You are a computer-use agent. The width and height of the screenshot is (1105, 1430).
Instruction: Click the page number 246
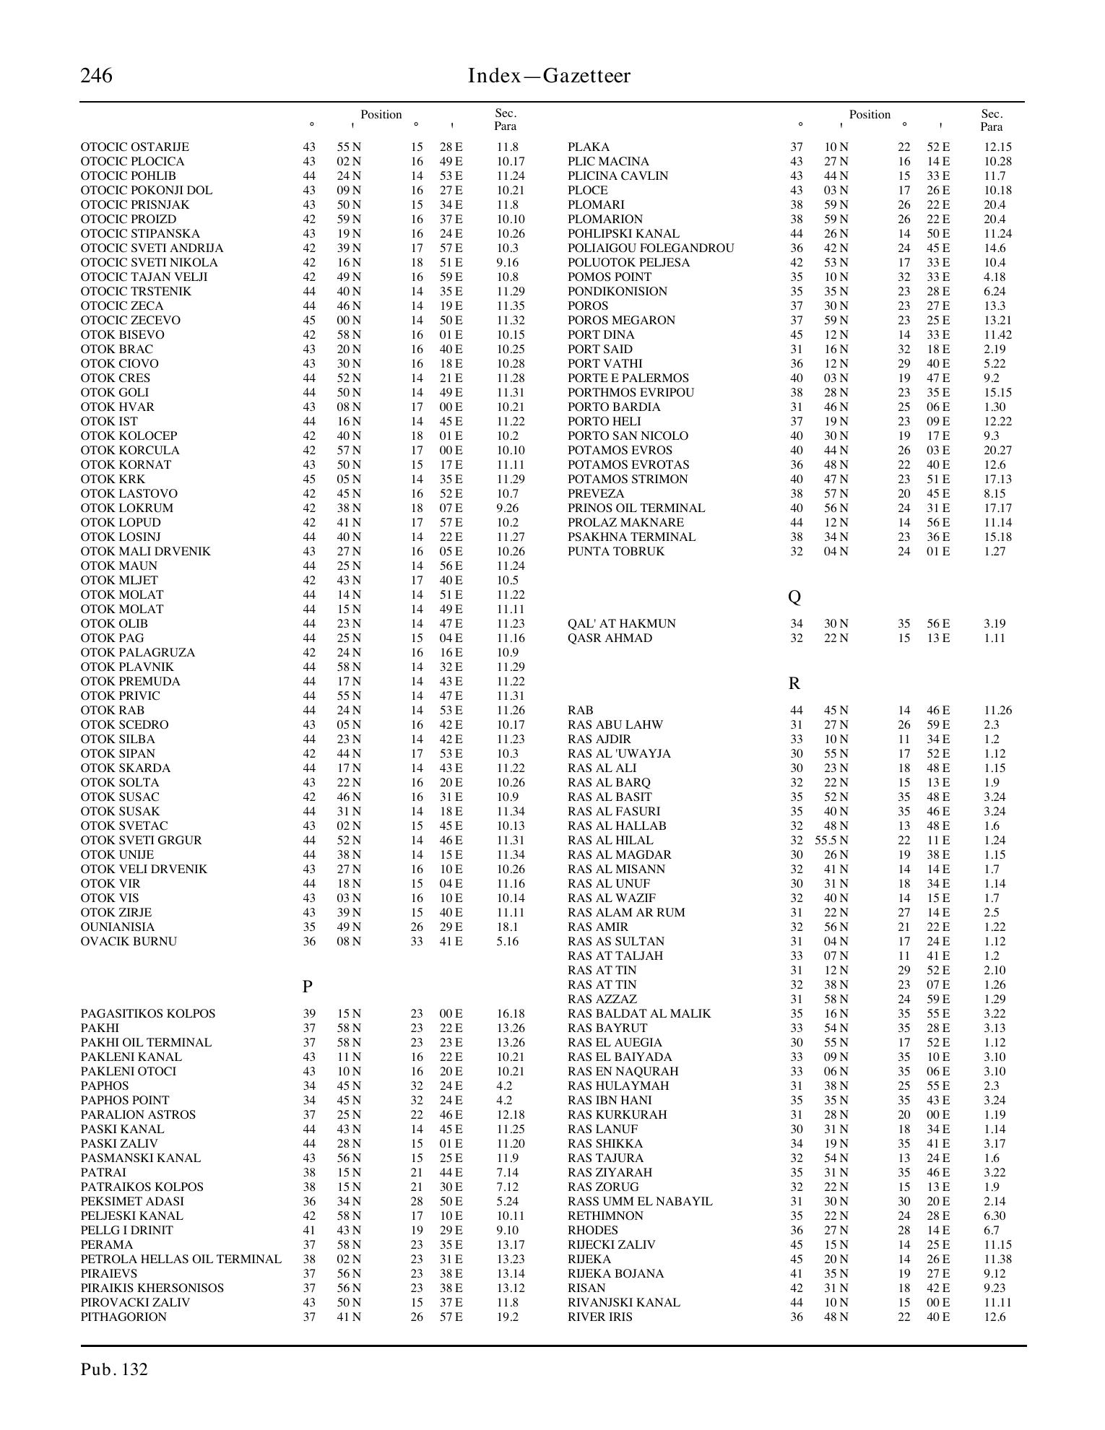[96, 76]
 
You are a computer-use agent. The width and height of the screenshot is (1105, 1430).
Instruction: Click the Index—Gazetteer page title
[549, 76]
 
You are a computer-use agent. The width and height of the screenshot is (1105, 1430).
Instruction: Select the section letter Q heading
[794, 597]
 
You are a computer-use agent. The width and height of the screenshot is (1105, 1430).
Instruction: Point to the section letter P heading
[308, 987]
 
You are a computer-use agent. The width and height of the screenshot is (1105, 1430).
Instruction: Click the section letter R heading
[794, 683]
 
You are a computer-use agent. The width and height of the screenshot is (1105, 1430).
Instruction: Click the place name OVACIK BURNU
[129, 941]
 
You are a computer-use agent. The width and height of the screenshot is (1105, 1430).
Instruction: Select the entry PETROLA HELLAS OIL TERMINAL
[181, 1259]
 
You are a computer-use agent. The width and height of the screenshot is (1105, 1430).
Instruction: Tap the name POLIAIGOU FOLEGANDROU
[651, 248]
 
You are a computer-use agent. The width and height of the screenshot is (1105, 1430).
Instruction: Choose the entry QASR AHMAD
[610, 638]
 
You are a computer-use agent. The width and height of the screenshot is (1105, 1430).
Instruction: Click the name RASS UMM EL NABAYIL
[640, 1201]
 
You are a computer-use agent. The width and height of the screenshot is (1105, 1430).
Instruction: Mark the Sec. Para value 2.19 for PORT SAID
[994, 349]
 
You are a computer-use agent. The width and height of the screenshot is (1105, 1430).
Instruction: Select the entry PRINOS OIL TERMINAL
[636, 508]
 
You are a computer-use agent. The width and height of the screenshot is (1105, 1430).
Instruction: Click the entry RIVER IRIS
[600, 1317]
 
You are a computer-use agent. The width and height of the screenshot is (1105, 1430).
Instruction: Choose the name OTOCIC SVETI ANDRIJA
[152, 248]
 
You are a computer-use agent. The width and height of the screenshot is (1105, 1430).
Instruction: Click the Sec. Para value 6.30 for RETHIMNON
[994, 1215]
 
